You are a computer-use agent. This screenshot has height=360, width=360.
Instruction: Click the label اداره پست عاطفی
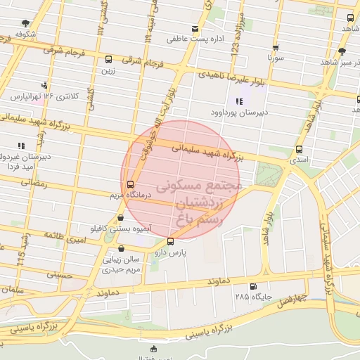(x=195, y=39)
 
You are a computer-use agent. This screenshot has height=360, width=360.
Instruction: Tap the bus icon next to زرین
(x=108, y=60)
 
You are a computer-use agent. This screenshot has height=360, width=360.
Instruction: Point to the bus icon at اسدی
(x=300, y=149)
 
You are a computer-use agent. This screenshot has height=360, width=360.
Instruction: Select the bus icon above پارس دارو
(x=170, y=242)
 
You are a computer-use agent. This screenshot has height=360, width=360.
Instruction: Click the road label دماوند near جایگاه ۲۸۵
(x=219, y=281)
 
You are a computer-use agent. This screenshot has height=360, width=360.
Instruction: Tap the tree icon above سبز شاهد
(x=342, y=51)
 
